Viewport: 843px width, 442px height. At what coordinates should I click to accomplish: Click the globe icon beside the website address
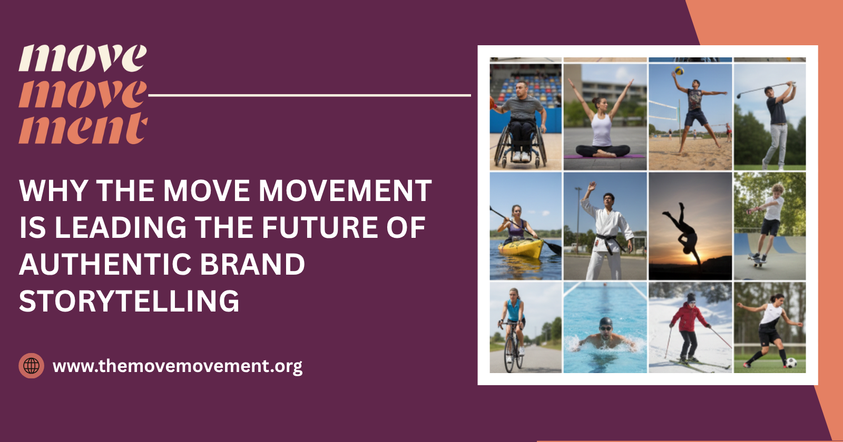tap(32, 366)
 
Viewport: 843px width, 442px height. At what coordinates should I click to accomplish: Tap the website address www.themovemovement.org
tap(178, 366)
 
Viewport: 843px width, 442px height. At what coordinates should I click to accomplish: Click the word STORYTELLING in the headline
tap(129, 301)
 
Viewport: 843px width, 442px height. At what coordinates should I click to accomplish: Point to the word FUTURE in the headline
tap(321, 227)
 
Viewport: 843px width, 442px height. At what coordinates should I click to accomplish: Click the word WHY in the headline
tap(53, 190)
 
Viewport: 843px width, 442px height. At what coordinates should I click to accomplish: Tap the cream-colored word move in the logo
tap(83, 58)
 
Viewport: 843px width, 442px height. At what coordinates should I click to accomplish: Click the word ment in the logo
tap(83, 128)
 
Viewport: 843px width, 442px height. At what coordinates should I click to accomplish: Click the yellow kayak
tap(521, 247)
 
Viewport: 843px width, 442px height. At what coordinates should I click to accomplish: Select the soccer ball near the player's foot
tap(791, 363)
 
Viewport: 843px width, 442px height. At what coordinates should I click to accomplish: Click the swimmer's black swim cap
tap(606, 322)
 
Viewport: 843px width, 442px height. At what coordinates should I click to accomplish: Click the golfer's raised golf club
tap(764, 88)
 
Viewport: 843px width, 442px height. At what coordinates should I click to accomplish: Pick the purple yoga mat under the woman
tap(605, 156)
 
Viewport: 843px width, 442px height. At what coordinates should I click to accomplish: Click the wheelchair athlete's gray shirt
tap(523, 108)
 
